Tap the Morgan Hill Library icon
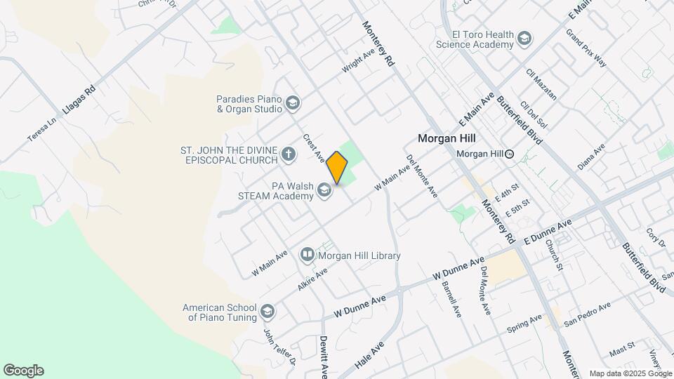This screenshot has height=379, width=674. [x=308, y=255]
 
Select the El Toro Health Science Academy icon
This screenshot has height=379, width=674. [x=524, y=39]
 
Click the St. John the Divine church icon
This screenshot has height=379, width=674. [x=288, y=154]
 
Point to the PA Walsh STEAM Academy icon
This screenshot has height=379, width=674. [x=324, y=190]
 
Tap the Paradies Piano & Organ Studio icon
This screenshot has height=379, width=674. [x=292, y=105]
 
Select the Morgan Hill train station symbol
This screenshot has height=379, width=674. [x=510, y=154]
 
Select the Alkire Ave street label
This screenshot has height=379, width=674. [x=312, y=279]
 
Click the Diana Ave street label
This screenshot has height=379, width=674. [x=590, y=157]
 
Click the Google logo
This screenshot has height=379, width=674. [x=23, y=371]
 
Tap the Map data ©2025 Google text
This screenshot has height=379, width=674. [x=630, y=373]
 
